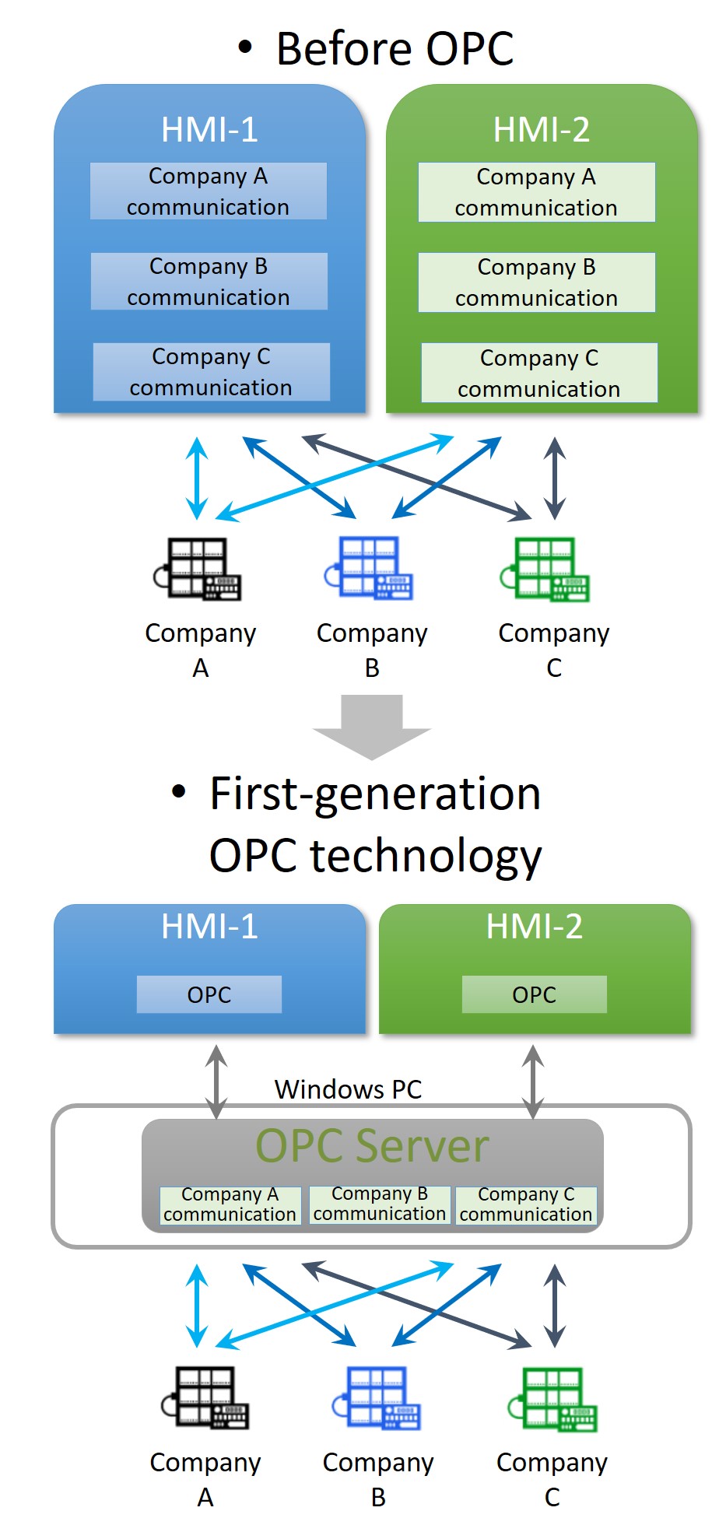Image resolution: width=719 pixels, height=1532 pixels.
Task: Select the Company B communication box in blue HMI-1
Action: tap(209, 282)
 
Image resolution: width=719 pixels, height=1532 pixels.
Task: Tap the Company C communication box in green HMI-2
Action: tap(538, 373)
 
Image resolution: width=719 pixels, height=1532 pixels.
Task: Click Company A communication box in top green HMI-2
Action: tap(536, 192)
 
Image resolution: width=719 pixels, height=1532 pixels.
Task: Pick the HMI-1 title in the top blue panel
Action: tap(209, 130)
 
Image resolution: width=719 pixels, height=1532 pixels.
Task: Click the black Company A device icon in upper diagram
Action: tap(198, 569)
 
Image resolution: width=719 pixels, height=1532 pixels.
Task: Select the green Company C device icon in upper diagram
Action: tap(545, 569)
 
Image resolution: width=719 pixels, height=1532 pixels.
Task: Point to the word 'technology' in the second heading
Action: tap(426, 857)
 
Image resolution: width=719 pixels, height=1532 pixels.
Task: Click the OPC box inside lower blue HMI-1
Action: tap(209, 994)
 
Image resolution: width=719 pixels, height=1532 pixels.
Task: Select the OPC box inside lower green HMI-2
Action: tap(534, 994)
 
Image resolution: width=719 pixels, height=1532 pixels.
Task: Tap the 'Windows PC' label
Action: tap(348, 1089)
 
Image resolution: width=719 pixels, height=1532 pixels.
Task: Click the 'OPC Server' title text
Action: tap(372, 1146)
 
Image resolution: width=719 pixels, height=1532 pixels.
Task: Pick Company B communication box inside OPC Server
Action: tap(380, 1204)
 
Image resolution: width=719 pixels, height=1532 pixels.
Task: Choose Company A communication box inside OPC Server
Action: tap(230, 1204)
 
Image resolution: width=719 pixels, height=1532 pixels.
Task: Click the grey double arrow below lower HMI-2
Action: tap(533, 1082)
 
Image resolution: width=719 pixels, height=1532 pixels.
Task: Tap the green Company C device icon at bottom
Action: tap(553, 1400)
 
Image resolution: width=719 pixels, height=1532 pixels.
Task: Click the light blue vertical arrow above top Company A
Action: tap(197, 477)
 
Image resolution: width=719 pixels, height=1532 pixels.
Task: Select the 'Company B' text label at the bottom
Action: tap(378, 1479)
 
